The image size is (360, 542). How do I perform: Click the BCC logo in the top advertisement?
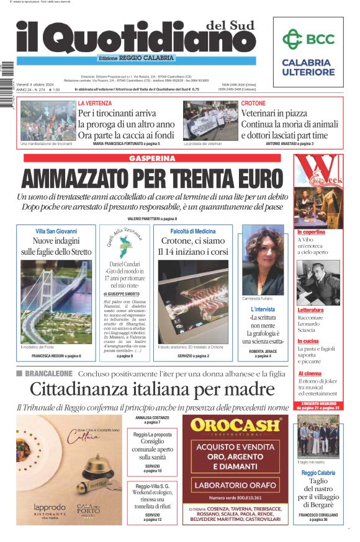pyautogui.click(x=308, y=40)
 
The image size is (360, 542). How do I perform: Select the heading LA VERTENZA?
pyautogui.click(x=95, y=103)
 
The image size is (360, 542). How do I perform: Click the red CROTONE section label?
pyautogui.click(x=253, y=103)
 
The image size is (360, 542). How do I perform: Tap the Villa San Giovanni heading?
pyautogui.click(x=56, y=231)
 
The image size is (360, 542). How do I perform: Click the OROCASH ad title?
pyautogui.click(x=236, y=425)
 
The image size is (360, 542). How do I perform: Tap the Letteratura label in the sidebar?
pyautogui.click(x=311, y=310)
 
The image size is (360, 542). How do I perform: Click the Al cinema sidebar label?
pyautogui.click(x=310, y=374)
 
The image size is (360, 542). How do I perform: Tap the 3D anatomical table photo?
pyautogui.click(x=193, y=302)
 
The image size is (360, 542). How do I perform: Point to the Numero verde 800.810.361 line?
pyautogui.click(x=236, y=497)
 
